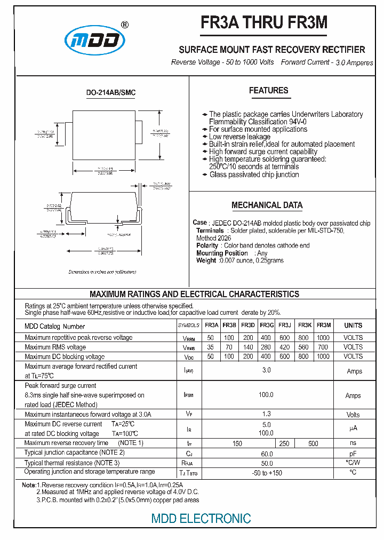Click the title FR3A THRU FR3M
click(264, 22)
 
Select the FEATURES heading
click(268, 91)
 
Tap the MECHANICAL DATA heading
click(267, 205)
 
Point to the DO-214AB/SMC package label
click(111, 93)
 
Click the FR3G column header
click(267, 325)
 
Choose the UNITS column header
click(353, 325)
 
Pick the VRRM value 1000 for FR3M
click(323, 337)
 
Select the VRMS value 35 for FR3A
click(211, 347)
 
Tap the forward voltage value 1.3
click(267, 414)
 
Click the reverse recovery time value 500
click(313, 443)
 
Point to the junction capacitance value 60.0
click(267, 453)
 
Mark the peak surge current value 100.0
click(266, 395)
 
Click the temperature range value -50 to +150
click(267, 473)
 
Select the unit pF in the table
click(353, 453)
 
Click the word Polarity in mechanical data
click(207, 245)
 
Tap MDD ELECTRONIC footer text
click(201, 518)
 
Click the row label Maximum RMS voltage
click(55, 347)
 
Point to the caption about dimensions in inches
click(99, 272)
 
